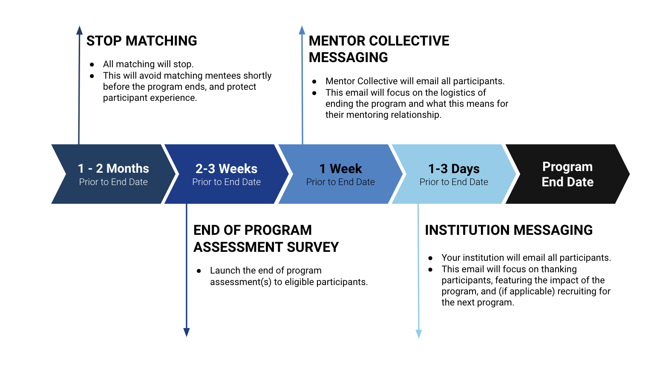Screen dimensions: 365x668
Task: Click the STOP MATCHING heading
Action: (141, 41)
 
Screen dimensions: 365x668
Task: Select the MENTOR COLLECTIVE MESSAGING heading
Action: (379, 49)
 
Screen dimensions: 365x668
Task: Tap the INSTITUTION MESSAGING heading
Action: (509, 230)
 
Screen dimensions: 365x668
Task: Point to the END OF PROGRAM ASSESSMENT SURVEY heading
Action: (266, 239)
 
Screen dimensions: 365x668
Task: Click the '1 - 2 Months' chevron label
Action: (113, 168)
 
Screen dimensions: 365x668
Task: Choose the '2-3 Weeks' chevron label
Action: (226, 169)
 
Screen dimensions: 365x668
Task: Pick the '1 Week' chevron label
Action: (340, 169)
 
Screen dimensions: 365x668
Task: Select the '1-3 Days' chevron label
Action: (454, 169)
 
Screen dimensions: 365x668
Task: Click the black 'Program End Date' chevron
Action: (567, 174)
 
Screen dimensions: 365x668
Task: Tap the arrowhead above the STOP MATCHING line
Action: (79, 30)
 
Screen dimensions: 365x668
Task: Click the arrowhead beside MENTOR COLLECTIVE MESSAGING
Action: (302, 30)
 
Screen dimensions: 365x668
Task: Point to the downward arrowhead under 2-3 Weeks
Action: (186, 332)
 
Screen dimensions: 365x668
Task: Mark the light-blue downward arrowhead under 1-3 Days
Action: (419, 334)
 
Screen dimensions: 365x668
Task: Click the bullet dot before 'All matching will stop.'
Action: (92, 64)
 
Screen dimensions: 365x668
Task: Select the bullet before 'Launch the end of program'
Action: (199, 271)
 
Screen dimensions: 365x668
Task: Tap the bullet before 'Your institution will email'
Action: (431, 258)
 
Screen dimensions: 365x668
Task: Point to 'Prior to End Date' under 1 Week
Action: (340, 182)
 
